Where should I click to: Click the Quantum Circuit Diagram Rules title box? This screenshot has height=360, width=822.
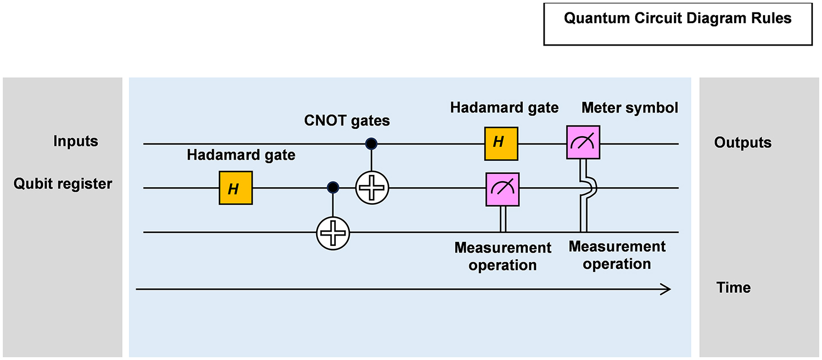pyautogui.click(x=677, y=24)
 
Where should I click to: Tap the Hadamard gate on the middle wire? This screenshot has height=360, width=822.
pyautogui.click(x=235, y=188)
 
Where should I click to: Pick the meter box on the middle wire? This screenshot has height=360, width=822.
pyautogui.click(x=502, y=189)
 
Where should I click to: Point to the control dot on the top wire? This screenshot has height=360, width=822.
pyautogui.click(x=371, y=144)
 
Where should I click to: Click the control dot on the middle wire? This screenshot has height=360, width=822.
pyautogui.click(x=333, y=187)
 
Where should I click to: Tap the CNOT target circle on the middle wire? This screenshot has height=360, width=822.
pyautogui.click(x=372, y=187)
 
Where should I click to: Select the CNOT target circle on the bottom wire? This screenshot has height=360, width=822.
pyautogui.click(x=333, y=232)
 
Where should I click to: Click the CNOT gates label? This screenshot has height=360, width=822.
pyautogui.click(x=347, y=120)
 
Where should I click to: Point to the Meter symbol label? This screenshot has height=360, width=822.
pyautogui.click(x=630, y=107)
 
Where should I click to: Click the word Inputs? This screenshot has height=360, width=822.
pyautogui.click(x=75, y=141)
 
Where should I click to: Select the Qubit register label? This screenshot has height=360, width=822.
pyautogui.click(x=63, y=184)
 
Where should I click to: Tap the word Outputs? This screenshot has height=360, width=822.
pyautogui.click(x=743, y=143)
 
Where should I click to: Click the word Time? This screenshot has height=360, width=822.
pyautogui.click(x=734, y=288)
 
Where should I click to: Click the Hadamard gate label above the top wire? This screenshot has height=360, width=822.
pyautogui.click(x=504, y=107)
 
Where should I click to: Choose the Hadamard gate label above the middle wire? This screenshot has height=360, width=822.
pyautogui.click(x=241, y=155)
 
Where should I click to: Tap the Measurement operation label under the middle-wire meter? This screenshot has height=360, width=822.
pyautogui.click(x=502, y=256)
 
